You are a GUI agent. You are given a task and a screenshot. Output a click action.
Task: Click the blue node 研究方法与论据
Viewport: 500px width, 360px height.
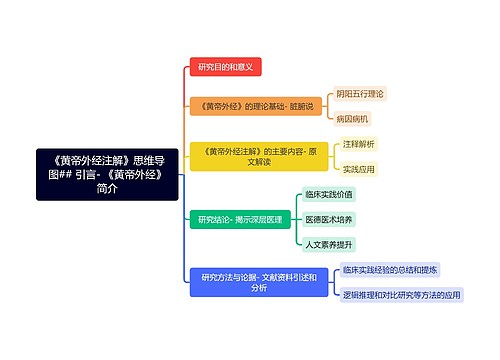(259, 282)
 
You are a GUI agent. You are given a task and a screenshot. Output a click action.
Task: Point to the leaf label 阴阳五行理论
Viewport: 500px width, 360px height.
(360, 93)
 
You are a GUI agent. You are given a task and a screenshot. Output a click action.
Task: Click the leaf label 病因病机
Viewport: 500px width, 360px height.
(353, 118)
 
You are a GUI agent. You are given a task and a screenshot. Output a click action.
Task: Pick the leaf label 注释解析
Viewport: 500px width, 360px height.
(358, 144)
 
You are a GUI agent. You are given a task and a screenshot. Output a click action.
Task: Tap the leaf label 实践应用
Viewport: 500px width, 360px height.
(358, 169)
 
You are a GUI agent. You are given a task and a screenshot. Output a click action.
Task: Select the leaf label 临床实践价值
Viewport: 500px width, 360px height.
(329, 194)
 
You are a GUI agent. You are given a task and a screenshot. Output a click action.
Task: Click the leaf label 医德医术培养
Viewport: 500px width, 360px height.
(329, 219)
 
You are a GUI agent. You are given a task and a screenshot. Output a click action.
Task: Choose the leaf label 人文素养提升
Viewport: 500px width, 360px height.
(329, 244)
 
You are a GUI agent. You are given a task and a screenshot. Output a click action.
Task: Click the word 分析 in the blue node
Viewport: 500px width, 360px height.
(259, 288)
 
